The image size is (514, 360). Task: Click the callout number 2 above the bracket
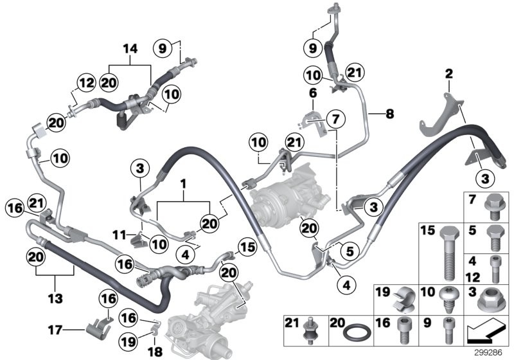tap(448, 73)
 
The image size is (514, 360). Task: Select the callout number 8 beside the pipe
tap(389, 114)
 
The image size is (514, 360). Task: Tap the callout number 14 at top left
tap(130, 49)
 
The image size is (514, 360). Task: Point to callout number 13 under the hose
tap(55, 298)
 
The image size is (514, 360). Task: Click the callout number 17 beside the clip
tap(55, 330)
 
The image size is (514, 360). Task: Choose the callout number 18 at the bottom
tap(155, 352)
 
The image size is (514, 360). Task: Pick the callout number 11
tap(119, 235)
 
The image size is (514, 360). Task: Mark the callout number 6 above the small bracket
tap(313, 93)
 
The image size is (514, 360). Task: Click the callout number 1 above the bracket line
tap(183, 184)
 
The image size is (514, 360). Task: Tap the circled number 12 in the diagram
tap(87, 83)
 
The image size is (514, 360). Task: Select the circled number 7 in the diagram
tap(335, 119)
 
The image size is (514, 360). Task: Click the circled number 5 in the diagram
tap(350, 251)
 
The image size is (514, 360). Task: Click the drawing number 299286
tap(488, 353)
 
